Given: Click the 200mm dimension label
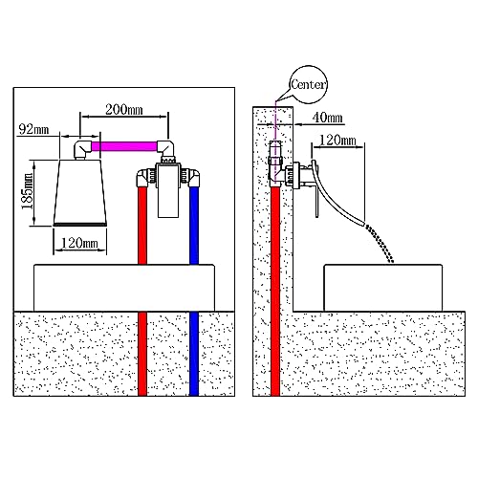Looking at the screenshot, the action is click(x=124, y=110).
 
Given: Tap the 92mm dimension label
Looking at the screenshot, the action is click(x=33, y=129).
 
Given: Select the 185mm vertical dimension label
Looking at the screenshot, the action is click(x=28, y=191).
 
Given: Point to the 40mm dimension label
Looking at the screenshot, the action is click(x=327, y=118).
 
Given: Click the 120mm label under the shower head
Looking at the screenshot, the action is click(x=79, y=244).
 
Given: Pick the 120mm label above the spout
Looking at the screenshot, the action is click(x=337, y=140).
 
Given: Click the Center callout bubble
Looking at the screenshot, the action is click(x=308, y=85).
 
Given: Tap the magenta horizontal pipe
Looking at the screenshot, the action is click(x=124, y=146).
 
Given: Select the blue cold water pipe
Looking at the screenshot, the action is click(x=194, y=291).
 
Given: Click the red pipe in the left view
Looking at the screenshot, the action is click(x=142, y=291).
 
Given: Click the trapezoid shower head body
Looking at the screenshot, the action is click(x=79, y=191).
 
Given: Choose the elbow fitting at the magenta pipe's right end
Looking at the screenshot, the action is click(x=166, y=149).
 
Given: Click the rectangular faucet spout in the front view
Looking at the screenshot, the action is click(x=168, y=190).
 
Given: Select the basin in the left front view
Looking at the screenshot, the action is click(x=124, y=288).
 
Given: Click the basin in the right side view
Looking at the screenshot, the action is click(x=383, y=288).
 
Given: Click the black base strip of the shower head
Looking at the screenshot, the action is click(x=79, y=225).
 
